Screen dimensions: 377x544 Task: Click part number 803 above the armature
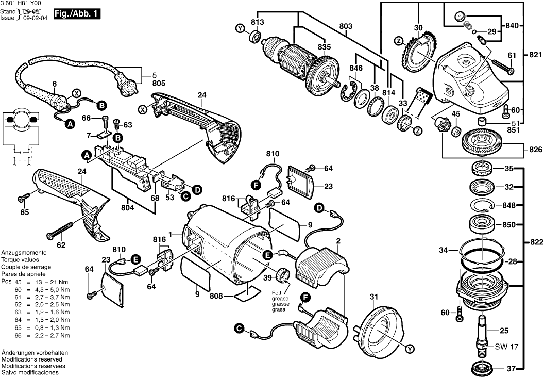(x=346, y=26)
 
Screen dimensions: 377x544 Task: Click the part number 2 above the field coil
(x=338, y=241)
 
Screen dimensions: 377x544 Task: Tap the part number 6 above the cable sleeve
(x=54, y=84)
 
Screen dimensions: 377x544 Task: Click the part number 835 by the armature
(x=324, y=46)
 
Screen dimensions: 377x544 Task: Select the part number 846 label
(x=356, y=68)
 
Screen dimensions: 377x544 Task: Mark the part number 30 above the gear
(x=418, y=27)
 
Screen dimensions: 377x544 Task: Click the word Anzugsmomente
(x=24, y=253)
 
